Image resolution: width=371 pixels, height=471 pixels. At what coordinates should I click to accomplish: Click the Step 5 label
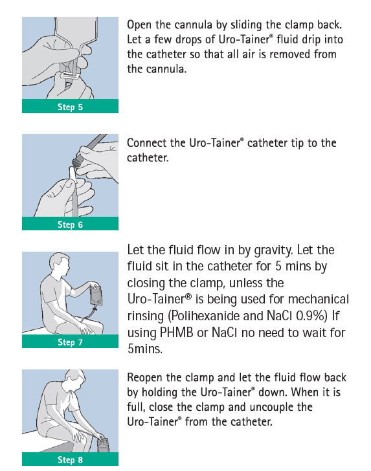pos(70,107)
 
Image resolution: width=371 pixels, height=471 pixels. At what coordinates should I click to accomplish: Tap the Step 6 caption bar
pos(70,225)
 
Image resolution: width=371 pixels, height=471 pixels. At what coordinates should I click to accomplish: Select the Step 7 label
pos(70,342)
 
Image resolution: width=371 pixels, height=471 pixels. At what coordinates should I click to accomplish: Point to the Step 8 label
pos(70,459)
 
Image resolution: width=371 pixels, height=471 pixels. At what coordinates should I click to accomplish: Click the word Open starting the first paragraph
pos(139,25)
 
